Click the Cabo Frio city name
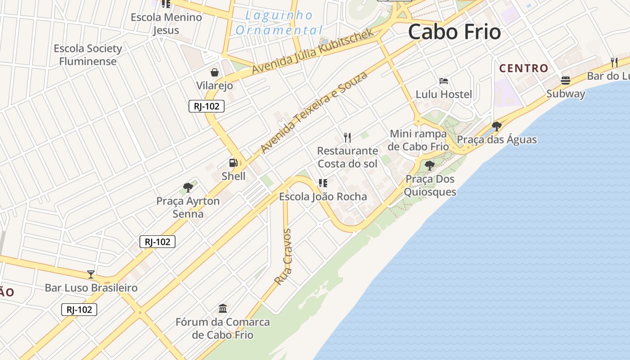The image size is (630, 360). [454, 32]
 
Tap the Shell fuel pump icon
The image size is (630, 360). [233, 163]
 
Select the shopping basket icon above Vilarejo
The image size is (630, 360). [215, 72]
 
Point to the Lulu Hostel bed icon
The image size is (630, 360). [444, 81]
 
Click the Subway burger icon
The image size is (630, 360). [566, 81]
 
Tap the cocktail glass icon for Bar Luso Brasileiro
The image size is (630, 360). [91, 274]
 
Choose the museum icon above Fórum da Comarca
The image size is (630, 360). [223, 308]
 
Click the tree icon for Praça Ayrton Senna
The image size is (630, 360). [188, 187]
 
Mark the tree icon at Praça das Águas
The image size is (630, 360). [497, 126]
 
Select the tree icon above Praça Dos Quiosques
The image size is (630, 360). [430, 165]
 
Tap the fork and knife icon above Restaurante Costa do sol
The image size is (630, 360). [347, 137]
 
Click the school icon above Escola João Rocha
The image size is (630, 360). [323, 183]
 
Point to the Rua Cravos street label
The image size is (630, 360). [283, 257]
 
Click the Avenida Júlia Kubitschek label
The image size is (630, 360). [313, 51]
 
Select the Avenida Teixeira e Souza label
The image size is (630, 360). [314, 112]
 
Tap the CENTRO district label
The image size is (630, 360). [524, 68]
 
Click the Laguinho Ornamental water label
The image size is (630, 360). [279, 23]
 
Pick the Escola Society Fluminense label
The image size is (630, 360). [88, 55]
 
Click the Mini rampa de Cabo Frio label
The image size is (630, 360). [418, 140]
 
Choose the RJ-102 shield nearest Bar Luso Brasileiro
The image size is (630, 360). [79, 310]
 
